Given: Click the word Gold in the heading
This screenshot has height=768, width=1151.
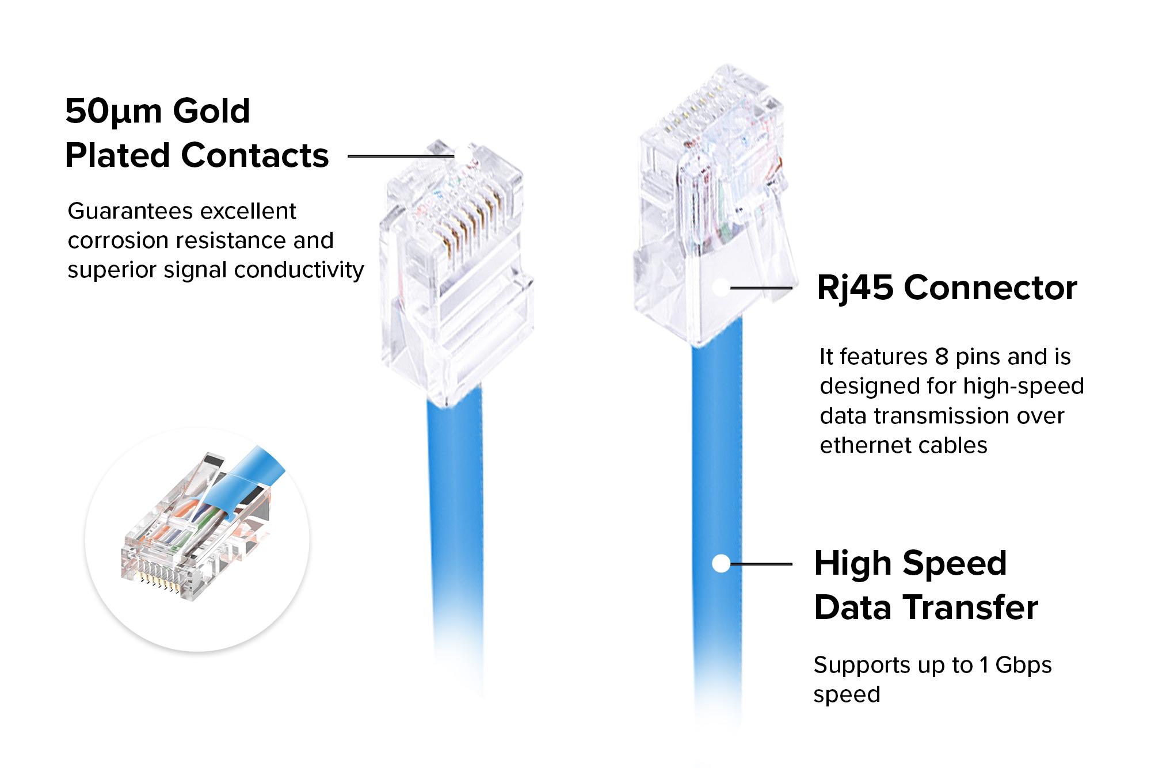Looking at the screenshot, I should point(211,110).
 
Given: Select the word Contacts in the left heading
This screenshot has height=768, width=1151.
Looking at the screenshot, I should point(255,155).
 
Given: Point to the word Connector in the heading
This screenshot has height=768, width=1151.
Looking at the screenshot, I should point(990,288).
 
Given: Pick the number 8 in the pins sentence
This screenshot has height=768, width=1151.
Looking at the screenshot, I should point(942,357).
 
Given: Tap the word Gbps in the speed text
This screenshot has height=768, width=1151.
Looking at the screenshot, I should point(1023,665).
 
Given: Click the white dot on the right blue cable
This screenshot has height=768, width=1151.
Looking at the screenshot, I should point(721,564).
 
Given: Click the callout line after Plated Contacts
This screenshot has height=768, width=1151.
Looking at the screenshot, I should point(400,156).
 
